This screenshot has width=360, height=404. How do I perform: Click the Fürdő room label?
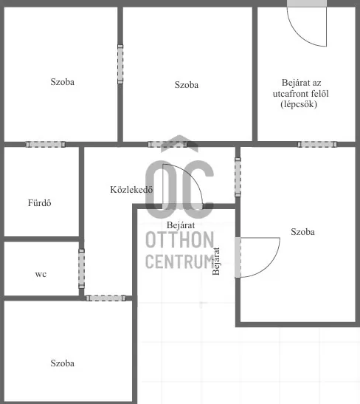[x=39, y=203]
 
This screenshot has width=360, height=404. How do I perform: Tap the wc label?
[x=41, y=274]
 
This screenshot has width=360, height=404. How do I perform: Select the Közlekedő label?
[x=131, y=189]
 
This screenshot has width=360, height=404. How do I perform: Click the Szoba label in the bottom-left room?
[x=63, y=363]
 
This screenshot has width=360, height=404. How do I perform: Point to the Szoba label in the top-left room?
[x=63, y=82]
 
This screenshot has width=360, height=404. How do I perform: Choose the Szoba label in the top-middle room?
[x=187, y=85]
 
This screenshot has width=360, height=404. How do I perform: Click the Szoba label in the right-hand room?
[x=302, y=231]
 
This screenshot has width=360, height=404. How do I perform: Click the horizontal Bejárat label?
[x=181, y=225]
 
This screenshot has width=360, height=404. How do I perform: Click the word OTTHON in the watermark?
[x=181, y=241]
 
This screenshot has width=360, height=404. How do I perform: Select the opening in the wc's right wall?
[x=81, y=268]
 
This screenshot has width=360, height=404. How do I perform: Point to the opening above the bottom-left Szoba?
[x=100, y=298]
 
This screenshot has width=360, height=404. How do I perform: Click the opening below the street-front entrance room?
[x=317, y=144]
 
